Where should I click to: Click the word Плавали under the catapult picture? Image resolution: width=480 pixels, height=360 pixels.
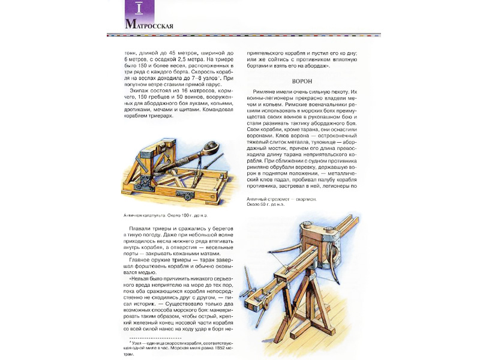coord(142,230)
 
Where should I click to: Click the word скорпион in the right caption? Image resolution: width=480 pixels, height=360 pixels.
coord(305,199)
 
